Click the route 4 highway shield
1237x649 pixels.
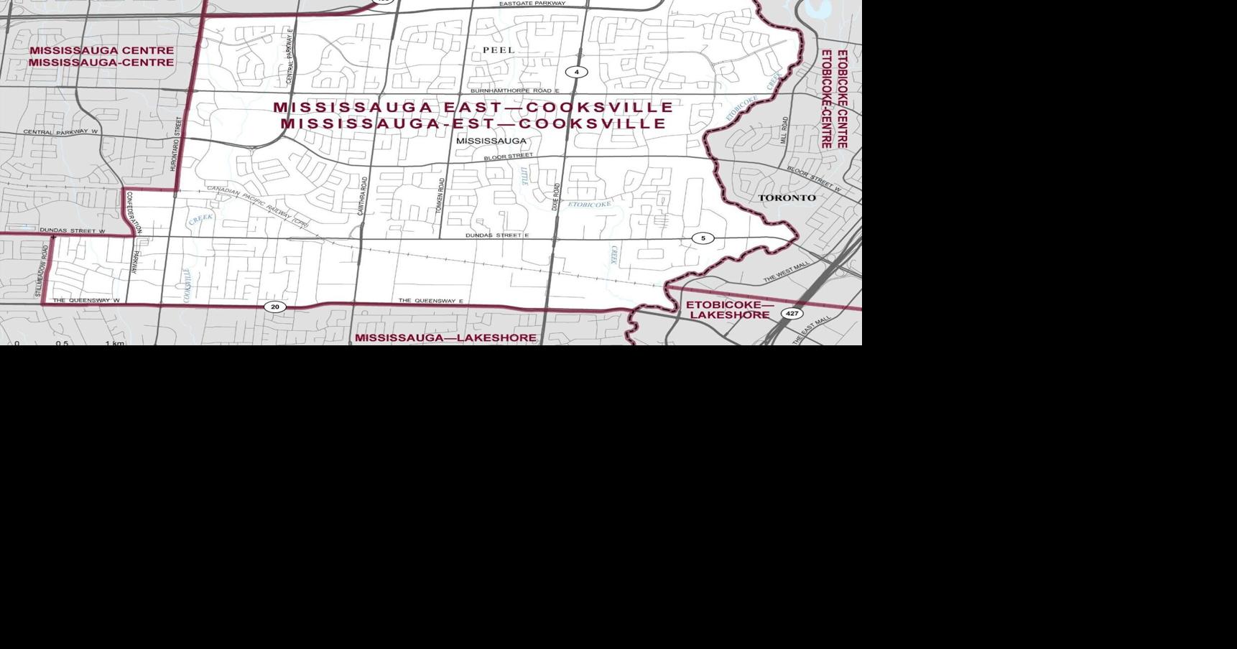[x=576, y=72]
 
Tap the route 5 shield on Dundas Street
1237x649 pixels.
[x=703, y=238]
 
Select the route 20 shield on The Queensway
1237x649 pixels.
[x=274, y=307]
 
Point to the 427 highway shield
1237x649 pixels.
[x=792, y=314]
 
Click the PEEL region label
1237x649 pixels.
[x=499, y=50]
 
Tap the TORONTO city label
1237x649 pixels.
[x=787, y=197]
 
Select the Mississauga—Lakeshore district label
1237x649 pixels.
[x=445, y=337]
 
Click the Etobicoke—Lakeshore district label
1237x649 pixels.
[x=729, y=310]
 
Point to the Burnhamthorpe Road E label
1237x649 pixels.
[x=514, y=91]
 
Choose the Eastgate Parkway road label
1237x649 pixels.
[x=532, y=4]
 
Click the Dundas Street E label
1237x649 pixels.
[x=497, y=235]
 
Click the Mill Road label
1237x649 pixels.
[x=784, y=130]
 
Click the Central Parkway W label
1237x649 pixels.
[x=60, y=132]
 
